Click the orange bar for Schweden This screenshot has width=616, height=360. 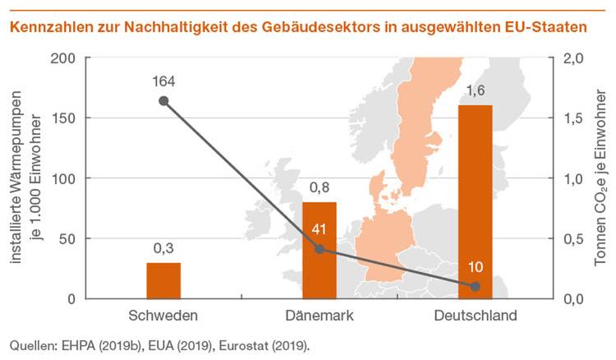163,280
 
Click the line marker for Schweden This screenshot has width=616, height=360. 163,101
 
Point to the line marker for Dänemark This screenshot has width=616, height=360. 319,249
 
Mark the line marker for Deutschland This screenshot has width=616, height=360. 476,286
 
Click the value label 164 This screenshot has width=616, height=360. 163,81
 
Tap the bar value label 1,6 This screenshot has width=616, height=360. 476,90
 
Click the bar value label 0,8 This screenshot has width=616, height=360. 319,187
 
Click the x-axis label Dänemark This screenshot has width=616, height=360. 319,316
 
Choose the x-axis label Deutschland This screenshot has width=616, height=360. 476,316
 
